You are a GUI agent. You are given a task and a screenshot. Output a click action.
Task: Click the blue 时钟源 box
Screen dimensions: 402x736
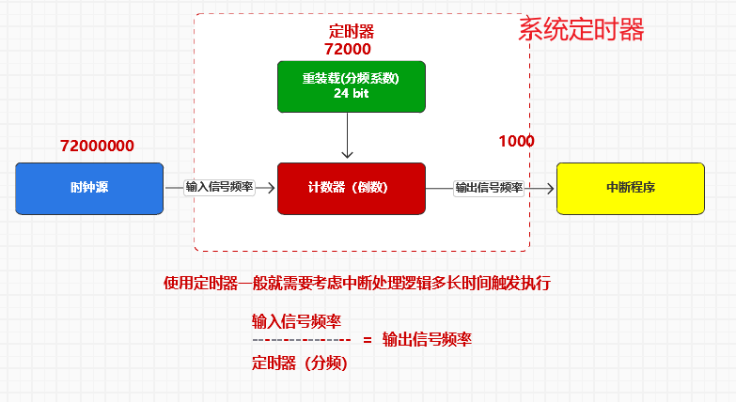(x=89, y=188)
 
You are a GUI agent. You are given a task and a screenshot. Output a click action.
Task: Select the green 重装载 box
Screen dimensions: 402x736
(x=351, y=86)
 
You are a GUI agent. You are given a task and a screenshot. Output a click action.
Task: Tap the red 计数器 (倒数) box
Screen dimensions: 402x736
(x=351, y=188)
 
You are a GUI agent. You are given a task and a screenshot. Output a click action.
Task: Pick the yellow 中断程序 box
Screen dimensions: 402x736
(x=630, y=188)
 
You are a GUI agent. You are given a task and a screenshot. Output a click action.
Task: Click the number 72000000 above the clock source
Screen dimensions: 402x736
(x=97, y=147)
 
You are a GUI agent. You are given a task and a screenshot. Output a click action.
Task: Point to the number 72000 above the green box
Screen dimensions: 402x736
(x=348, y=49)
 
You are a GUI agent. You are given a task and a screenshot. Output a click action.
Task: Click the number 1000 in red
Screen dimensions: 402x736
(x=516, y=141)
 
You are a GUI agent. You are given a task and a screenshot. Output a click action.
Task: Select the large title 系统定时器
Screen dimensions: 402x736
(x=581, y=29)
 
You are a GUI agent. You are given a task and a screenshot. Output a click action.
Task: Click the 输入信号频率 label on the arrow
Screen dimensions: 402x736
(x=219, y=188)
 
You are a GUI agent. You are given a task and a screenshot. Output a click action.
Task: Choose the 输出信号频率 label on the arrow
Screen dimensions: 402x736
(x=489, y=188)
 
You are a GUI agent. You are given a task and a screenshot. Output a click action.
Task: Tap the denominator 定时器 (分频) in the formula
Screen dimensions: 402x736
(x=300, y=362)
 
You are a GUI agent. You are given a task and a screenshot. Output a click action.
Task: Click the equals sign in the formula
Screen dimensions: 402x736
(x=367, y=340)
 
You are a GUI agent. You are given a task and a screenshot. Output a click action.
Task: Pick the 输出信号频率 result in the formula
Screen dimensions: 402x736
(x=427, y=340)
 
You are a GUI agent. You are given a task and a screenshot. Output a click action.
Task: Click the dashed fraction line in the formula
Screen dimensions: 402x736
(x=301, y=340)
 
